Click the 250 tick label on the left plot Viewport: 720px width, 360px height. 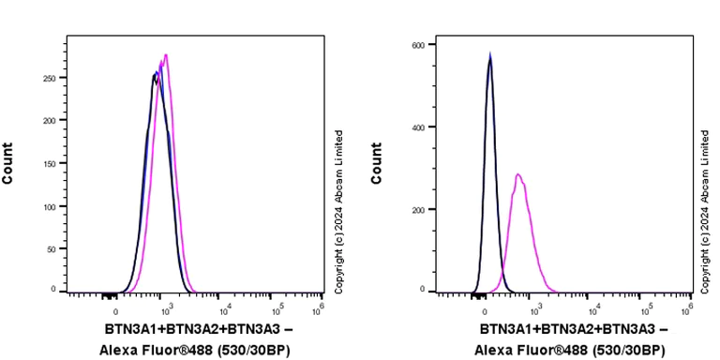tap(49, 79)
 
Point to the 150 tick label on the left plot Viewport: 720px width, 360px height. tap(49, 164)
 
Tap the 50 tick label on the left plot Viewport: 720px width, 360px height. tap(52, 248)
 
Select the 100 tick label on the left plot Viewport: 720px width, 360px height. tap(49, 206)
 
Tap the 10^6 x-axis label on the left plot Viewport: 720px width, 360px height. tap(320, 308)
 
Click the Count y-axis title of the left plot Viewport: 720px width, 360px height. tap(8, 162)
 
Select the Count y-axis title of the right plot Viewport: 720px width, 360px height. tap(377, 162)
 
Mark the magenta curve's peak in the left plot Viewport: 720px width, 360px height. tap(166, 55)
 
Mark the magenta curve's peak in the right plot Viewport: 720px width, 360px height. tap(517, 174)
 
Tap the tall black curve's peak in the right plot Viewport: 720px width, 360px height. tap(489, 56)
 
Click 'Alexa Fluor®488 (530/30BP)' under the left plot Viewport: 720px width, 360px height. tap(195, 350)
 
